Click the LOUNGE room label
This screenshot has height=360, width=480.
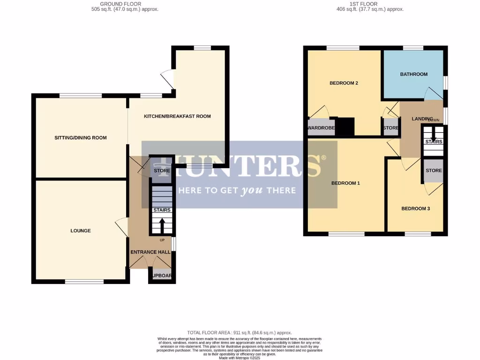click(x=81, y=231)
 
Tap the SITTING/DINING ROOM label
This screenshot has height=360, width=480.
click(x=81, y=138)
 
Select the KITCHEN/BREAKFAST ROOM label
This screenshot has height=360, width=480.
click(x=177, y=116)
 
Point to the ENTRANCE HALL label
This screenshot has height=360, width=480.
click(x=150, y=252)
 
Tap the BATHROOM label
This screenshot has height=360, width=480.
click(x=413, y=74)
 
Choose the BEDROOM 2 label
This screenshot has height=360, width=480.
click(x=344, y=83)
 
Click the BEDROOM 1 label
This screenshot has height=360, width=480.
click(x=345, y=183)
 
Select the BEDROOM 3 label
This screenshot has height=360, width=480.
click(x=415, y=209)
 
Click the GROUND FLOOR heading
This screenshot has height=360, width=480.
click(x=125, y=4)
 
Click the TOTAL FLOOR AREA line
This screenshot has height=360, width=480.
click(x=240, y=331)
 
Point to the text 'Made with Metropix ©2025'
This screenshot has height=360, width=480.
click(x=240, y=358)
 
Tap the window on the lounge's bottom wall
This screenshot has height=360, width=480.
click(x=84, y=282)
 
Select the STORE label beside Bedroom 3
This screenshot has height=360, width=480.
click(x=434, y=171)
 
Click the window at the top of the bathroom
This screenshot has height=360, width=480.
click(x=413, y=47)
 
